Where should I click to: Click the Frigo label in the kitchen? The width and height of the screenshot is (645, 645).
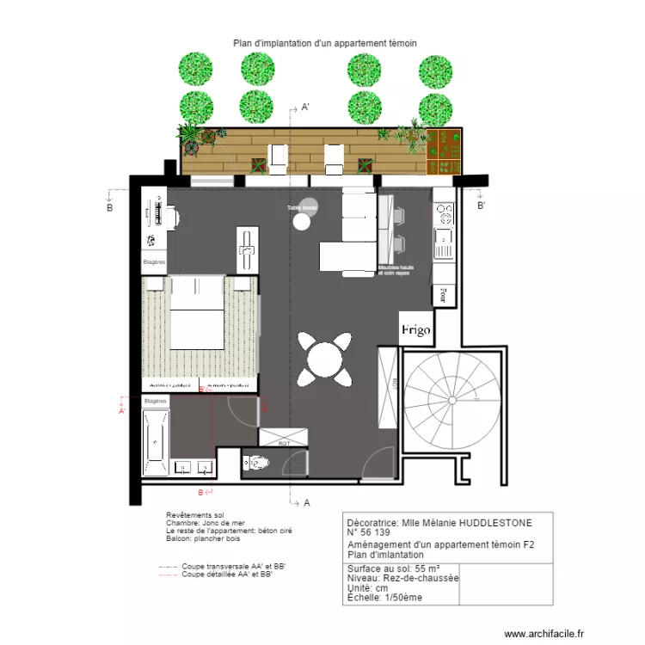coord(415,330)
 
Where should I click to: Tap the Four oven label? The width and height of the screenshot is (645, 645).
coord(443,297)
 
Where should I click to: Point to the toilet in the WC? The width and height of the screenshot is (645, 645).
coord(257,464)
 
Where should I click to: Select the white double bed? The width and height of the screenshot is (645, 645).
coord(200,313)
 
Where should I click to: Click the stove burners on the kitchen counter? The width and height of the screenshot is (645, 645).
coord(444,210)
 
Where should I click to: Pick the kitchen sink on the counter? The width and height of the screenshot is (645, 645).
coord(444,237)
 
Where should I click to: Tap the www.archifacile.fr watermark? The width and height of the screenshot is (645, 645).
coord(543,633)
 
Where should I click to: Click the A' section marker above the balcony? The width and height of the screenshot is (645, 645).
coord(304,108)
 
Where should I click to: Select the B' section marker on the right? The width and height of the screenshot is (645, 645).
coord(481,206)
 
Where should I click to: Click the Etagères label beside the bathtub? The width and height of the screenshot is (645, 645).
coord(155,402)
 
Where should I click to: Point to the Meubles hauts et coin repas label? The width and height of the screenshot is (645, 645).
coord(400,270)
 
